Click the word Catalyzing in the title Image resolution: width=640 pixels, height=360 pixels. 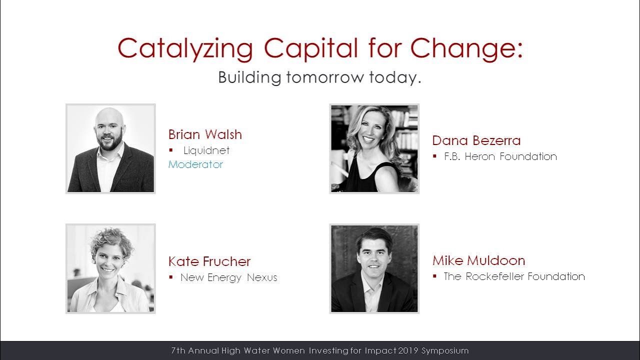pos(185,49)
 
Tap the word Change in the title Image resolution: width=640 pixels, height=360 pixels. pos(466,49)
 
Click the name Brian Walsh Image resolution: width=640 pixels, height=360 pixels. pos(205,134)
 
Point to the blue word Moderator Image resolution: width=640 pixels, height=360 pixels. pos(195,164)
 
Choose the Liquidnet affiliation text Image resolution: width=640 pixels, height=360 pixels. pos(206,150)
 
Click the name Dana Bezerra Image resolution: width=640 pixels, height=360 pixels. pos(476,140)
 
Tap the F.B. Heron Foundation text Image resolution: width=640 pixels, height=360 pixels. pos(500,156)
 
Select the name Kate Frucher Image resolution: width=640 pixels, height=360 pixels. pos(209,261)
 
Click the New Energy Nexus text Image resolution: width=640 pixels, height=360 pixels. pos(228,277)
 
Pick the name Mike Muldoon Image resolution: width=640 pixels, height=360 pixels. pos(478,260)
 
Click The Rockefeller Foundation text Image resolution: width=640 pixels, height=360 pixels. pos(514,276)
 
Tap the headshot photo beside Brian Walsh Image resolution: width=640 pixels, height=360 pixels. pos(110,148)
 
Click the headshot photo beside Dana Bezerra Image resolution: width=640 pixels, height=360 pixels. pos(374,148)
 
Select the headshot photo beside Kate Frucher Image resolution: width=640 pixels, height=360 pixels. pos(110,268)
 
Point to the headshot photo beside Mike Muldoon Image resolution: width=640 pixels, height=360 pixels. pos(374,268)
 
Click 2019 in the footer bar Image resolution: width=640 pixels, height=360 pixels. pos(409,351)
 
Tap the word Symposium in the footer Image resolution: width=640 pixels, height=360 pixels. pos(445,351)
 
